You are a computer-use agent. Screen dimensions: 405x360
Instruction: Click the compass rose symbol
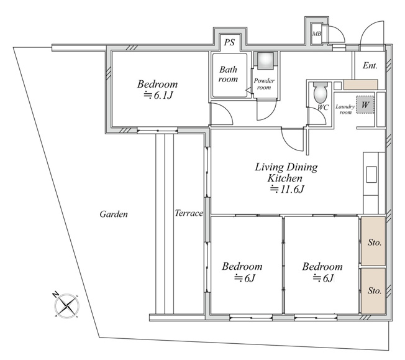(x=66, y=306)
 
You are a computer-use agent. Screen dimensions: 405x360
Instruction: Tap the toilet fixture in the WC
(x=321, y=93)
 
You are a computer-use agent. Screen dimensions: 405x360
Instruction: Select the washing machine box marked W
(x=365, y=104)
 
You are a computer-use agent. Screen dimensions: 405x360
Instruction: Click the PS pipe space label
(x=229, y=42)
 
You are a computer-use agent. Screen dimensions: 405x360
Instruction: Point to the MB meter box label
(x=317, y=34)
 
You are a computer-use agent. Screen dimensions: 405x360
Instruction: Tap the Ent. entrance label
(x=370, y=65)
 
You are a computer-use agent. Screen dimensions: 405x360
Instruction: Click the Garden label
(x=114, y=214)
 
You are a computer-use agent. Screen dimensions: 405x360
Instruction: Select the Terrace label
(x=189, y=213)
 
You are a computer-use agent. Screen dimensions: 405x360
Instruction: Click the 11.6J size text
(x=287, y=190)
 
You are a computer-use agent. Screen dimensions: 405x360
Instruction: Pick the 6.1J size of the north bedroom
(x=158, y=96)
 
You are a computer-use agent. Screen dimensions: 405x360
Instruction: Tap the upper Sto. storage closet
(x=373, y=241)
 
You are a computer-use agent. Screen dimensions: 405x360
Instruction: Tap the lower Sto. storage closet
(x=373, y=291)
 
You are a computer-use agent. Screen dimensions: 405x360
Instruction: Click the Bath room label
(x=228, y=74)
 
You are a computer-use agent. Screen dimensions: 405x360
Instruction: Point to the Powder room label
(x=264, y=84)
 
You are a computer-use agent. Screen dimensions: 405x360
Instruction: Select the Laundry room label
(x=345, y=109)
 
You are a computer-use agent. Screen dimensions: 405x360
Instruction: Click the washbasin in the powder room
(x=265, y=61)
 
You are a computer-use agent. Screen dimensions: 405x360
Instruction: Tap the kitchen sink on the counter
(x=371, y=175)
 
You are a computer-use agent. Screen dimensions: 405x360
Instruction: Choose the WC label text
(x=322, y=108)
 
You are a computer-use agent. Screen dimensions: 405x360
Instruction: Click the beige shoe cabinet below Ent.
(x=360, y=85)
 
